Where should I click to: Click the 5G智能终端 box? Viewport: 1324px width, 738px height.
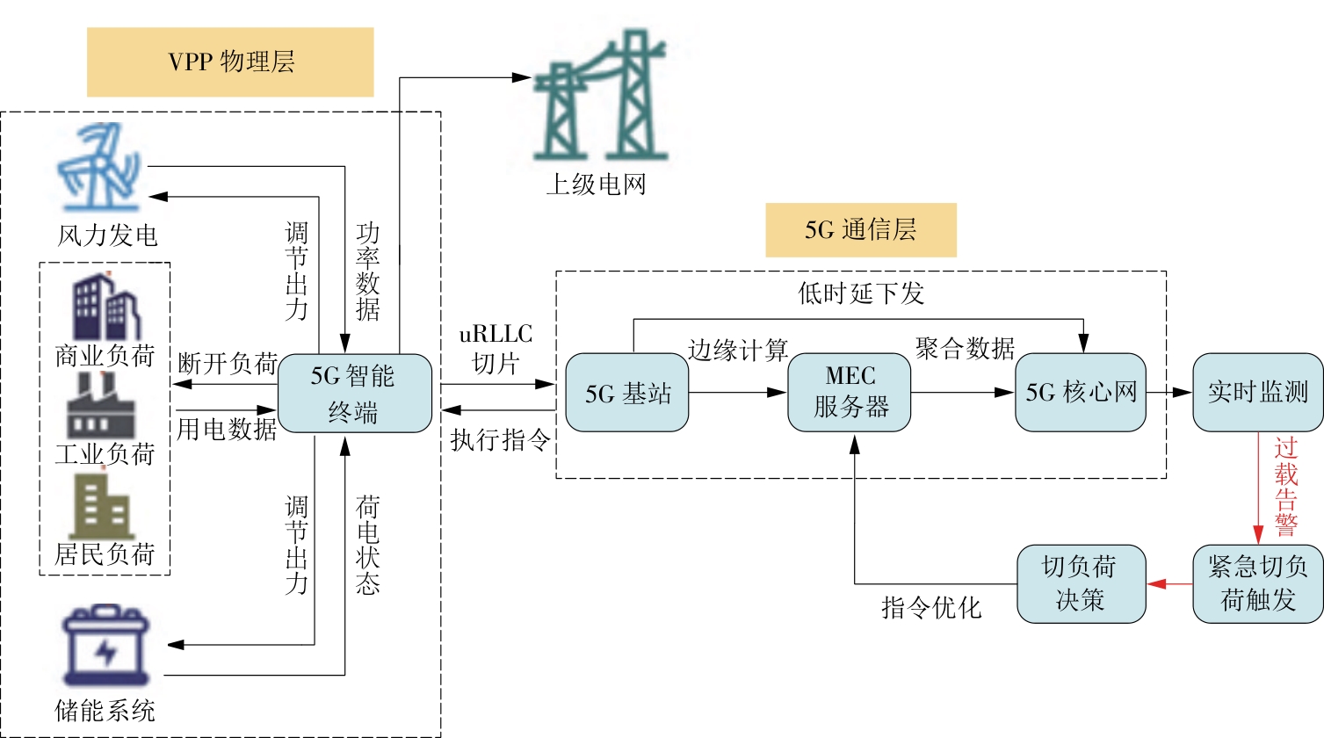click(355, 394)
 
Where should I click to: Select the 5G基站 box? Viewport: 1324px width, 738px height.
click(626, 393)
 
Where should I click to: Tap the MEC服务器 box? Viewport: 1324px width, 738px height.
click(849, 393)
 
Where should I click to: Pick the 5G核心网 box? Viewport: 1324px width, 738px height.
click(1081, 392)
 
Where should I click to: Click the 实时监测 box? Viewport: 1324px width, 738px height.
click(1257, 392)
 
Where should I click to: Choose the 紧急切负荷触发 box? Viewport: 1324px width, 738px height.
click(1257, 583)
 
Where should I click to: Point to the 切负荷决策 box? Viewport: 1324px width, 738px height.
click(1081, 583)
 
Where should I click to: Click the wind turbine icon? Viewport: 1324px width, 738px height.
click(98, 168)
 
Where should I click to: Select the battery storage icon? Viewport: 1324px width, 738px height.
click(105, 646)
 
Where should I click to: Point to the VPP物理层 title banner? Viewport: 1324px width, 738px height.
click(230, 62)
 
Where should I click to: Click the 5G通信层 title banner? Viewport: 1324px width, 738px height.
click(860, 230)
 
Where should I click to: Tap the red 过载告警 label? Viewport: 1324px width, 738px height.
click(1285, 486)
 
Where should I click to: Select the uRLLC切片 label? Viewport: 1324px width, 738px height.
click(496, 349)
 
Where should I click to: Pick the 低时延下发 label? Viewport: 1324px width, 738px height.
click(861, 293)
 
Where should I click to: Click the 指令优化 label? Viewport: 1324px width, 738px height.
click(930, 607)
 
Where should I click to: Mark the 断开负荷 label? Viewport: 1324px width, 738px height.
click(227, 363)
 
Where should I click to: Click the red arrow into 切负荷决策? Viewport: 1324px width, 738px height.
click(1168, 583)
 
